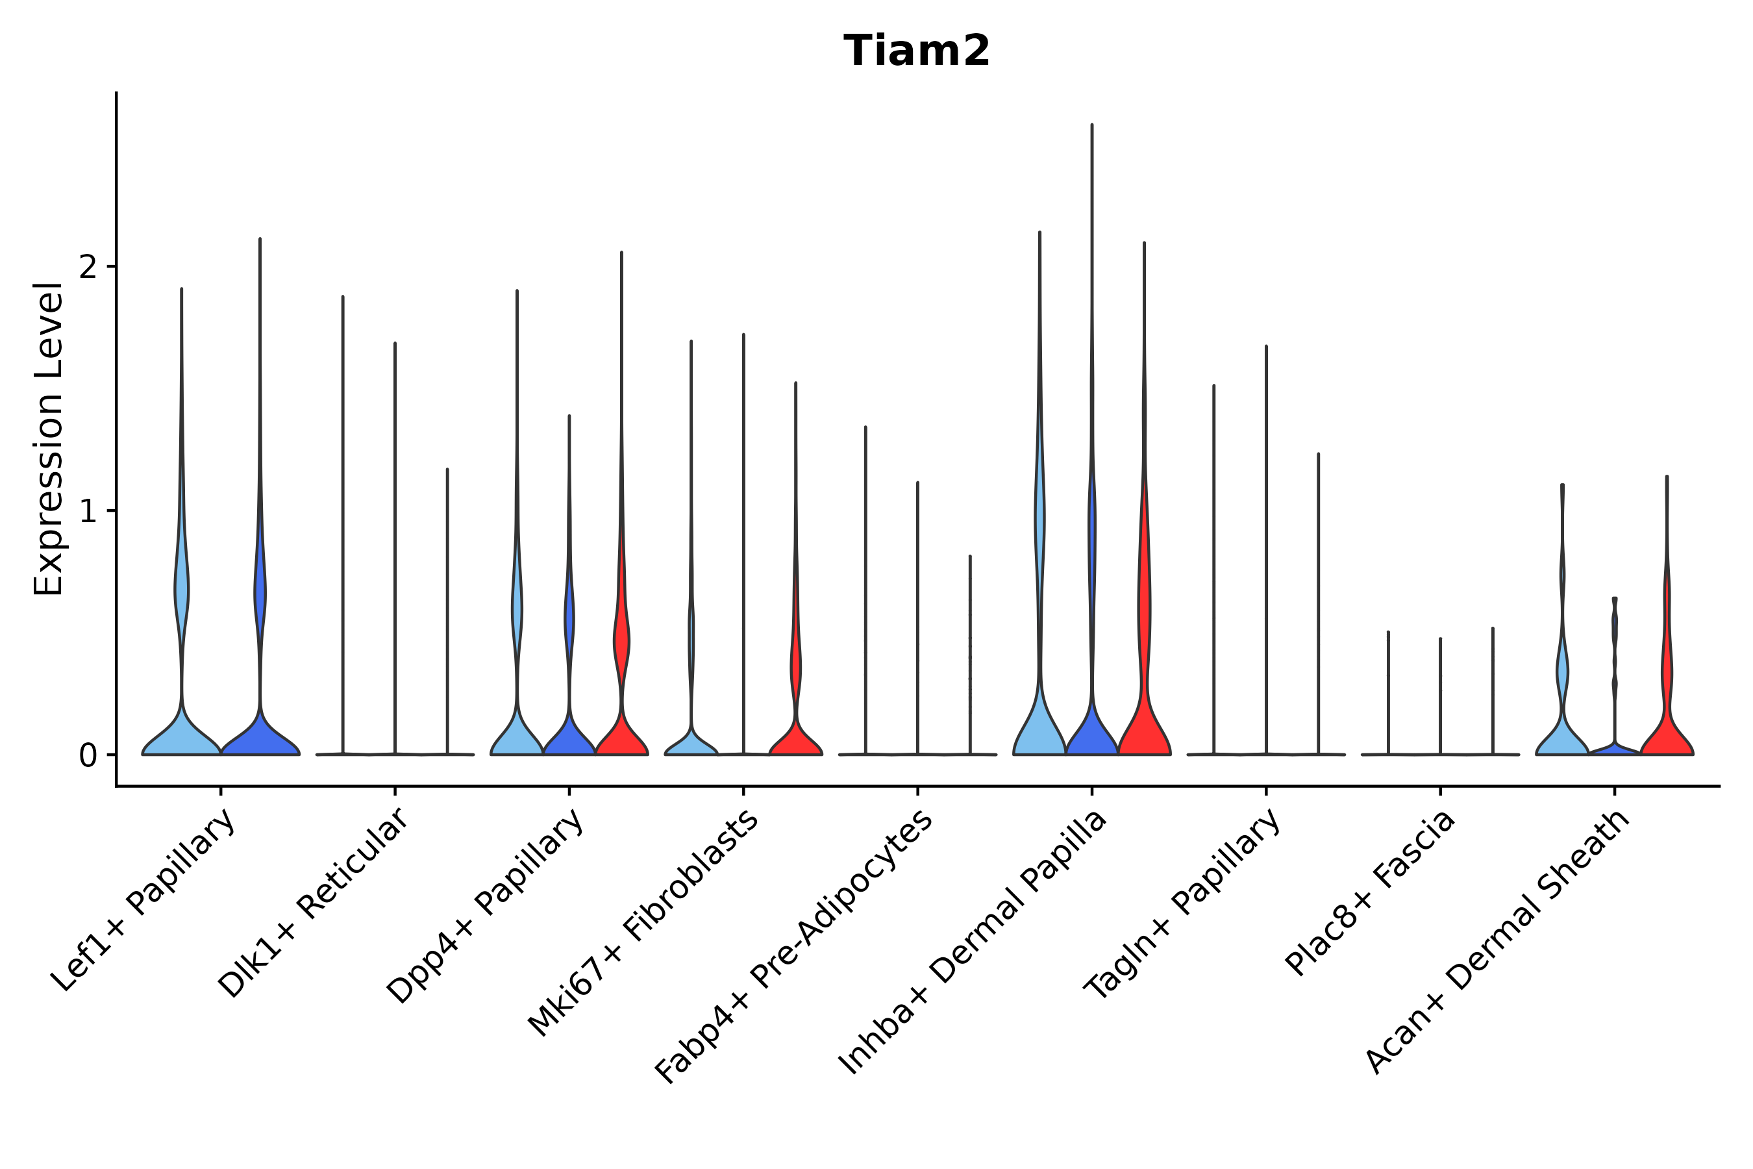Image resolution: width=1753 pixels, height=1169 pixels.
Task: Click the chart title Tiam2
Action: [916, 51]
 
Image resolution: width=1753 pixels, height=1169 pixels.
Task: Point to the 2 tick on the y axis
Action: [88, 267]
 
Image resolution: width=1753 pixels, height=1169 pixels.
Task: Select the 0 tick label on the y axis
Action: [88, 756]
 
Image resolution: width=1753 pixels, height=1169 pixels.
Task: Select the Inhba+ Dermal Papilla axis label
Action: [973, 942]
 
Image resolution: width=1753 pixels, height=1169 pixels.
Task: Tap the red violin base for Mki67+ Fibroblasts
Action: [795, 742]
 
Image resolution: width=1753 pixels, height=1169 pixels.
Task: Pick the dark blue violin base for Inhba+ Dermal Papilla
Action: [1092, 738]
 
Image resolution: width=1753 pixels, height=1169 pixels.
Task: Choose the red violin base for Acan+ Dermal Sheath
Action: [1667, 741]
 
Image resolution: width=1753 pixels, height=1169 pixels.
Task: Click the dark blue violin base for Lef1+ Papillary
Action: [260, 741]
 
